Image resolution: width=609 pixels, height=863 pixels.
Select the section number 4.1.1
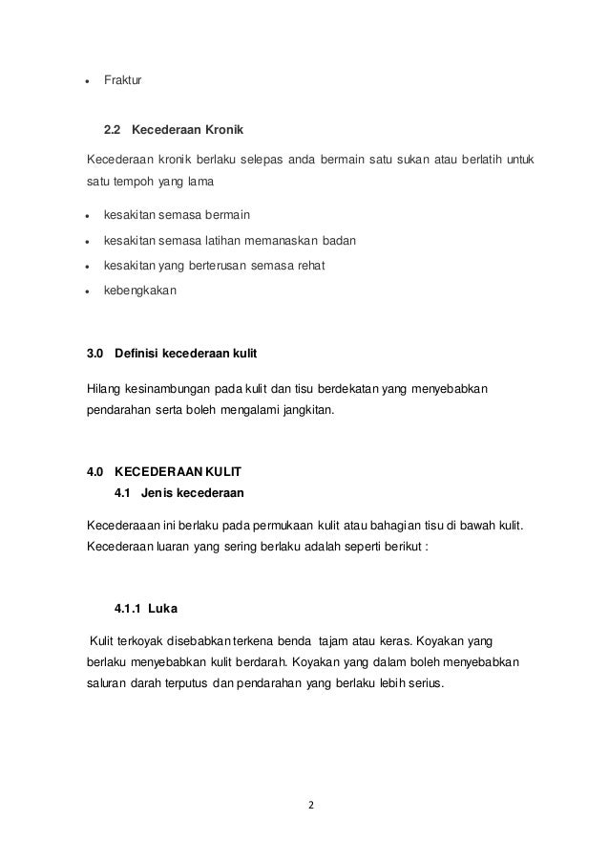pos(131,607)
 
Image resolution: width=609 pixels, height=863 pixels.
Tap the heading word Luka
pos(177,607)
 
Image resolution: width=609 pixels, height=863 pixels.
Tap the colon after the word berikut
pos(428,551)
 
